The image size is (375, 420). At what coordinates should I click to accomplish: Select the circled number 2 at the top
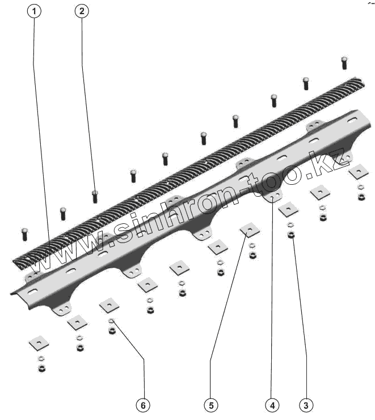click(x=82, y=11)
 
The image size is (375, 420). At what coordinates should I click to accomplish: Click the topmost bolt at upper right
click(x=344, y=62)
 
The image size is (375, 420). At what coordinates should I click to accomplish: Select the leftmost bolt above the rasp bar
click(x=24, y=233)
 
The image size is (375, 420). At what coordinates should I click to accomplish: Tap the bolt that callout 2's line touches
click(x=95, y=196)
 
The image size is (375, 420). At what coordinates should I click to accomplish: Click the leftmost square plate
click(x=39, y=342)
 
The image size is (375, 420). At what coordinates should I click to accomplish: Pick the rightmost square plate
click(x=359, y=171)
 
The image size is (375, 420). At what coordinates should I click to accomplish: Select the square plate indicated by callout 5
click(x=250, y=230)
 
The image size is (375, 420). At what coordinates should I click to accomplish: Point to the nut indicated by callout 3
click(x=291, y=234)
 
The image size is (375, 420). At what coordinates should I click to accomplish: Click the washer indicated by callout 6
click(x=112, y=321)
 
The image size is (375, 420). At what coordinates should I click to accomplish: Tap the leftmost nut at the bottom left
click(x=41, y=368)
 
